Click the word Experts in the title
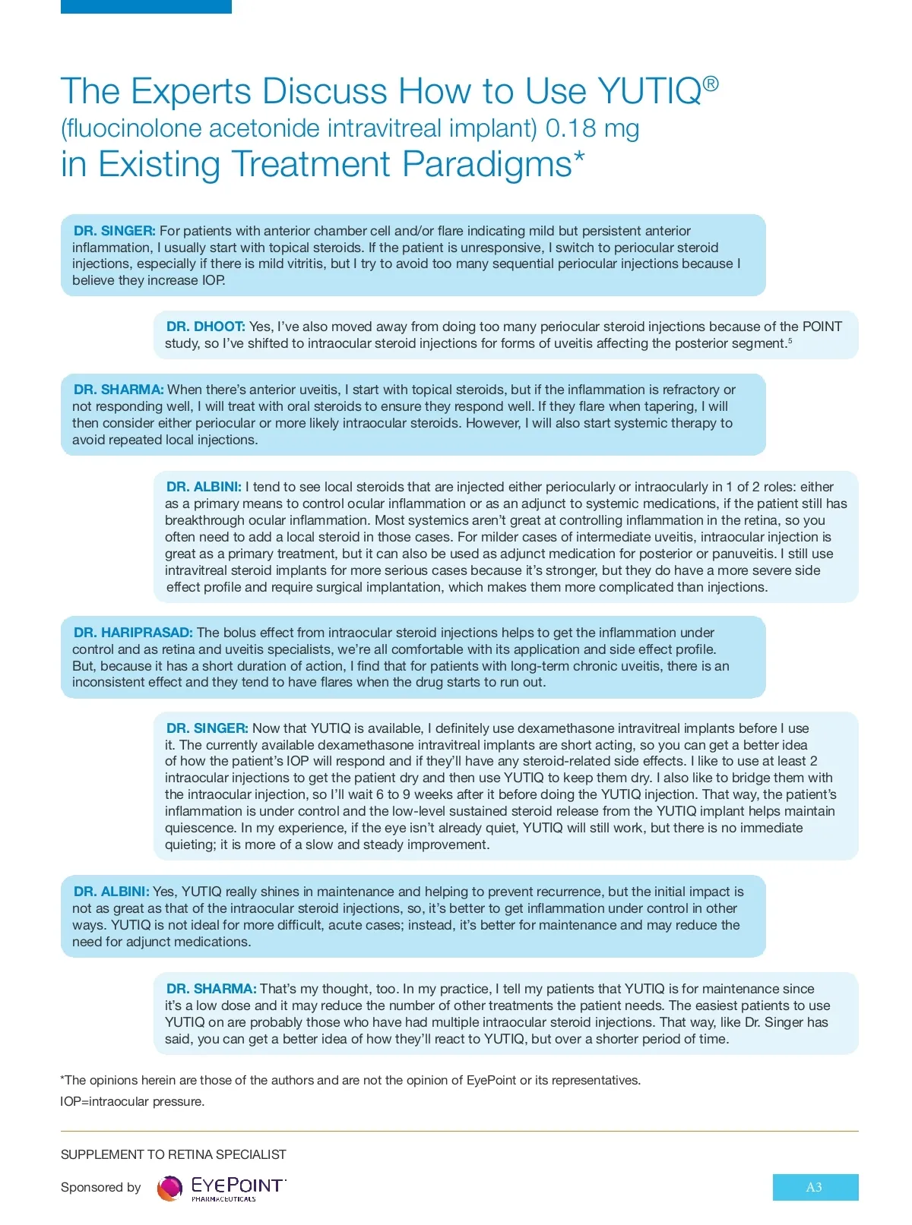(191, 92)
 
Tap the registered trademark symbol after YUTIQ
(710, 84)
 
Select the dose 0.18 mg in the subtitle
(592, 128)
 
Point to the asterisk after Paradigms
(579, 157)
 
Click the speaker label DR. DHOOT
(205, 327)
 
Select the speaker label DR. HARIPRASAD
(133, 633)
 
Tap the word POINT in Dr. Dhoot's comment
(822, 327)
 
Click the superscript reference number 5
(790, 341)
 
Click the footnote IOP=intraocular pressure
(132, 1101)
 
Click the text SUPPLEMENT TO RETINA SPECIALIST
(173, 1154)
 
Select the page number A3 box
(815, 1187)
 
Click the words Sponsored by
(101, 1187)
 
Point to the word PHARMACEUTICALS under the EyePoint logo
(223, 1199)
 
